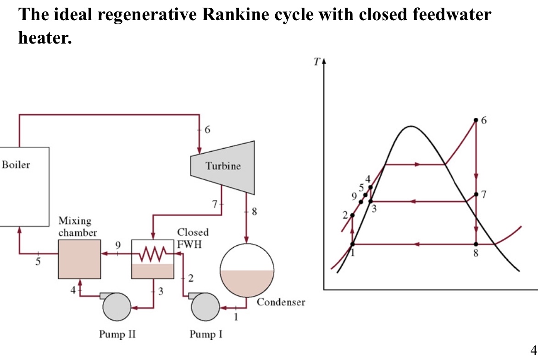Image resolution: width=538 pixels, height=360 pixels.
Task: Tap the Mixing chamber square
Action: tap(79, 259)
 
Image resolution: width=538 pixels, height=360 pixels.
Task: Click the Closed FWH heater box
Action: tap(153, 260)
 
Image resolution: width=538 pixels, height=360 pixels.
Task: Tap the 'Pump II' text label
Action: tap(117, 334)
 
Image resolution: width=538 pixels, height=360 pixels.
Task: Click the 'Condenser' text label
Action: tap(281, 302)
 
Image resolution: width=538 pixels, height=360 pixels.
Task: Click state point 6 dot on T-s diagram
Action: tap(476, 121)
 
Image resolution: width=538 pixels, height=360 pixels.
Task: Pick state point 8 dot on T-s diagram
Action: tap(476, 244)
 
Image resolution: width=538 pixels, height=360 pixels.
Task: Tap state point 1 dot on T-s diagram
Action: tap(352, 244)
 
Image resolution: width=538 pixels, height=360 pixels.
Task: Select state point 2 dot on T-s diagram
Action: tap(352, 216)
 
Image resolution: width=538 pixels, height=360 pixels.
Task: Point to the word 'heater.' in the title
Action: tap(45, 38)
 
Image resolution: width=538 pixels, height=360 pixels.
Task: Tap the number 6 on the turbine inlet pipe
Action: tap(207, 130)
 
